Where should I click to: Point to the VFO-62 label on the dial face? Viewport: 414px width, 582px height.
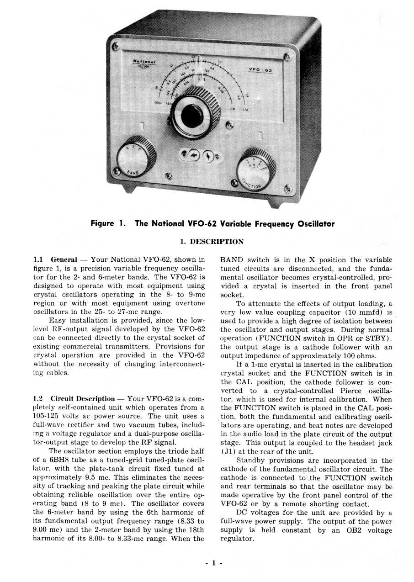[x=260, y=70]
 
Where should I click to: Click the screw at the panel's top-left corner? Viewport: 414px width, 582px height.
[x=116, y=46]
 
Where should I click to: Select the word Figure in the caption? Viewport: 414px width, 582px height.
[x=102, y=224]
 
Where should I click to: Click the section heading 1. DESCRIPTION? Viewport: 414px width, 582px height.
[x=212, y=242]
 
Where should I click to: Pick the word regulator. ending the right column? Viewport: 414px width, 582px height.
[x=237, y=539]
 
